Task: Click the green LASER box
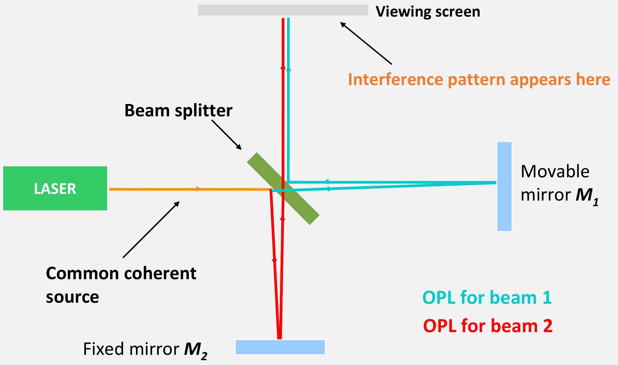(x=55, y=188)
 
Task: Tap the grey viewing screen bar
(x=283, y=10)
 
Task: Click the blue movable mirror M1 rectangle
(x=504, y=186)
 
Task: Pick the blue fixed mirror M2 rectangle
(x=280, y=347)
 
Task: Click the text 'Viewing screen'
(x=428, y=12)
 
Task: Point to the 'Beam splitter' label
(x=178, y=110)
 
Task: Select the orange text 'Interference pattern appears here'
(x=479, y=79)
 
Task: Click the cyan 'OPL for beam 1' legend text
(x=487, y=297)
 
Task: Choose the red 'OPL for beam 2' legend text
(x=488, y=326)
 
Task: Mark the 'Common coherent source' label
(x=121, y=285)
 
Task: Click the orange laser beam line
(x=161, y=189)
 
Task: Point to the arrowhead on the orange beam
(x=198, y=189)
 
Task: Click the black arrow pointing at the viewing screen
(x=366, y=43)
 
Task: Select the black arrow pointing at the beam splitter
(x=226, y=135)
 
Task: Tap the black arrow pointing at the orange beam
(x=151, y=229)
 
